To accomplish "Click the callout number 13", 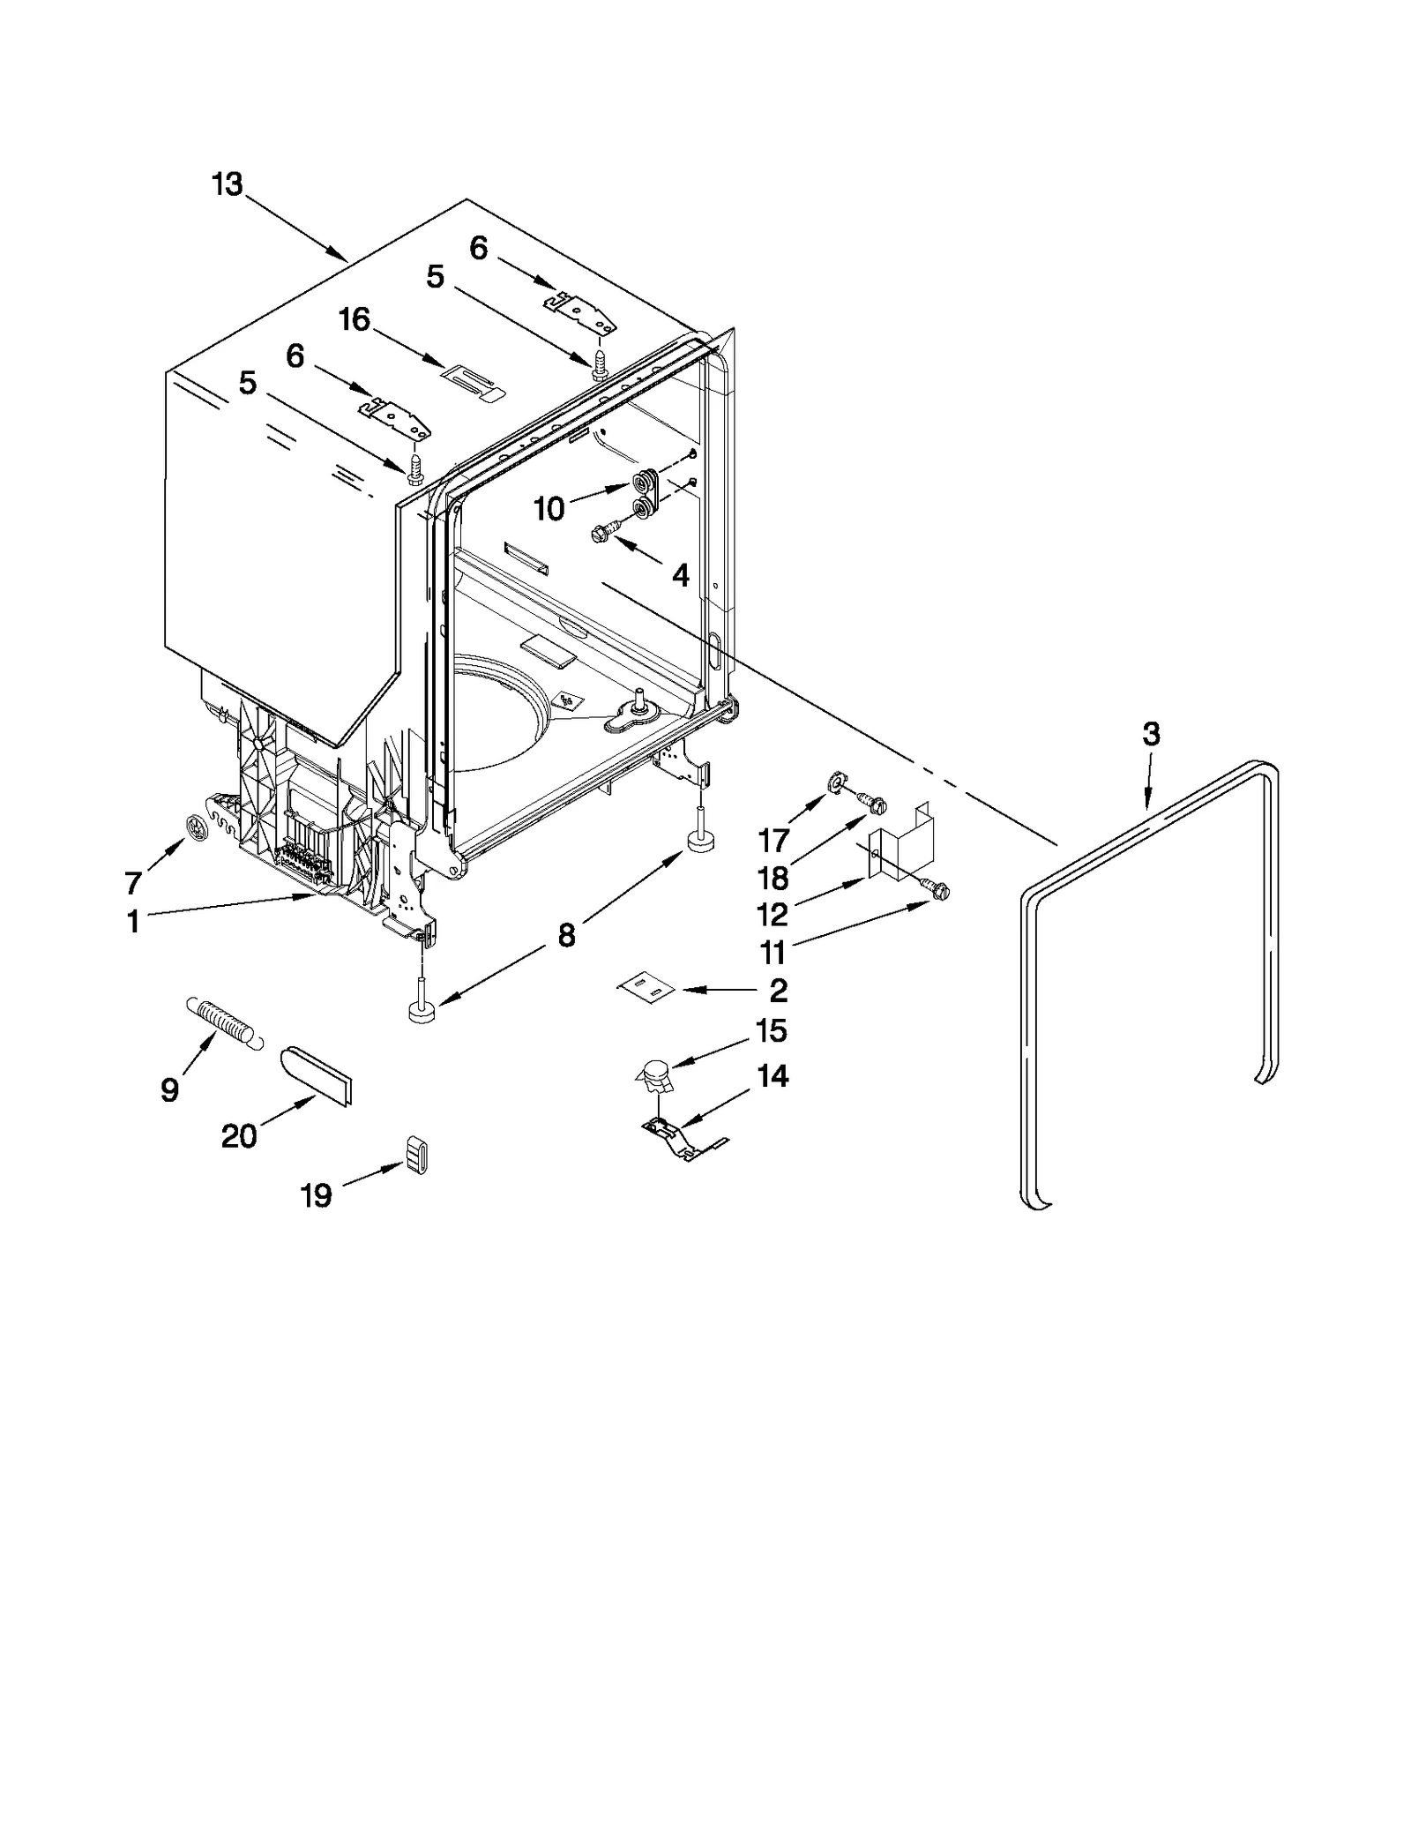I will pyautogui.click(x=227, y=184).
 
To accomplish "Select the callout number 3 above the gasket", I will pyautogui.click(x=1151, y=734).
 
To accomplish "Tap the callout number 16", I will pyautogui.click(x=355, y=319).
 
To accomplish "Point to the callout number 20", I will pyautogui.click(x=239, y=1135).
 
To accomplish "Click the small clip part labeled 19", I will pyautogui.click(x=417, y=1154).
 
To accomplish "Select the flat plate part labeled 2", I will pyautogui.click(x=646, y=989).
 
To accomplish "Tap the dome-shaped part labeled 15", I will pyautogui.click(x=654, y=1076).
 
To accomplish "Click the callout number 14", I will pyautogui.click(x=773, y=1076).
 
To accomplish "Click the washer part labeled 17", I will pyautogui.click(x=834, y=780).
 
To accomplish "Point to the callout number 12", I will pyautogui.click(x=773, y=915).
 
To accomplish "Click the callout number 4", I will pyautogui.click(x=680, y=575).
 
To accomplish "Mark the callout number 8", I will pyautogui.click(x=566, y=935).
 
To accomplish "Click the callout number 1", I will pyautogui.click(x=133, y=922).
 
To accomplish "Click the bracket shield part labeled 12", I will pyautogui.click(x=901, y=843).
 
